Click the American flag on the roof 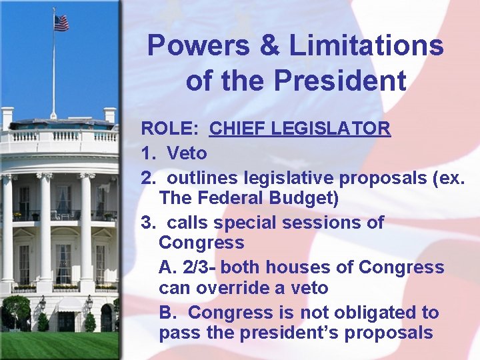61,23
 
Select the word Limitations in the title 366,46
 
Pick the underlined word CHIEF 238,128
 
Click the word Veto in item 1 187,153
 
